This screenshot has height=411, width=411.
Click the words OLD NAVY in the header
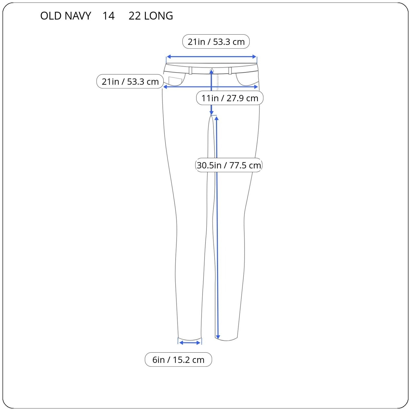pyautogui.click(x=66, y=16)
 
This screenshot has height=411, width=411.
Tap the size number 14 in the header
pyautogui.click(x=108, y=16)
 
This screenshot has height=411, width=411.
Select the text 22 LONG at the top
pyautogui.click(x=151, y=16)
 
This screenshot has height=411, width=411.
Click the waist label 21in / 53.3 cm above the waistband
pyautogui.click(x=216, y=42)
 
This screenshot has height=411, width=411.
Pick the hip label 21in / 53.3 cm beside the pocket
pyautogui.click(x=130, y=81)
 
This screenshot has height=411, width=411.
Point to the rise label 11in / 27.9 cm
pyautogui.click(x=230, y=98)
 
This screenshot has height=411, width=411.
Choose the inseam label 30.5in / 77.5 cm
pyautogui.click(x=229, y=165)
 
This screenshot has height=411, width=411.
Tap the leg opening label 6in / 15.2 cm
pyautogui.click(x=178, y=360)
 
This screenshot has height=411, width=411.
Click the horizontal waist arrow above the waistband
pyautogui.click(x=211, y=57)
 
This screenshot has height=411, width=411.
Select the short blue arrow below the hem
pyautogui.click(x=190, y=343)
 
